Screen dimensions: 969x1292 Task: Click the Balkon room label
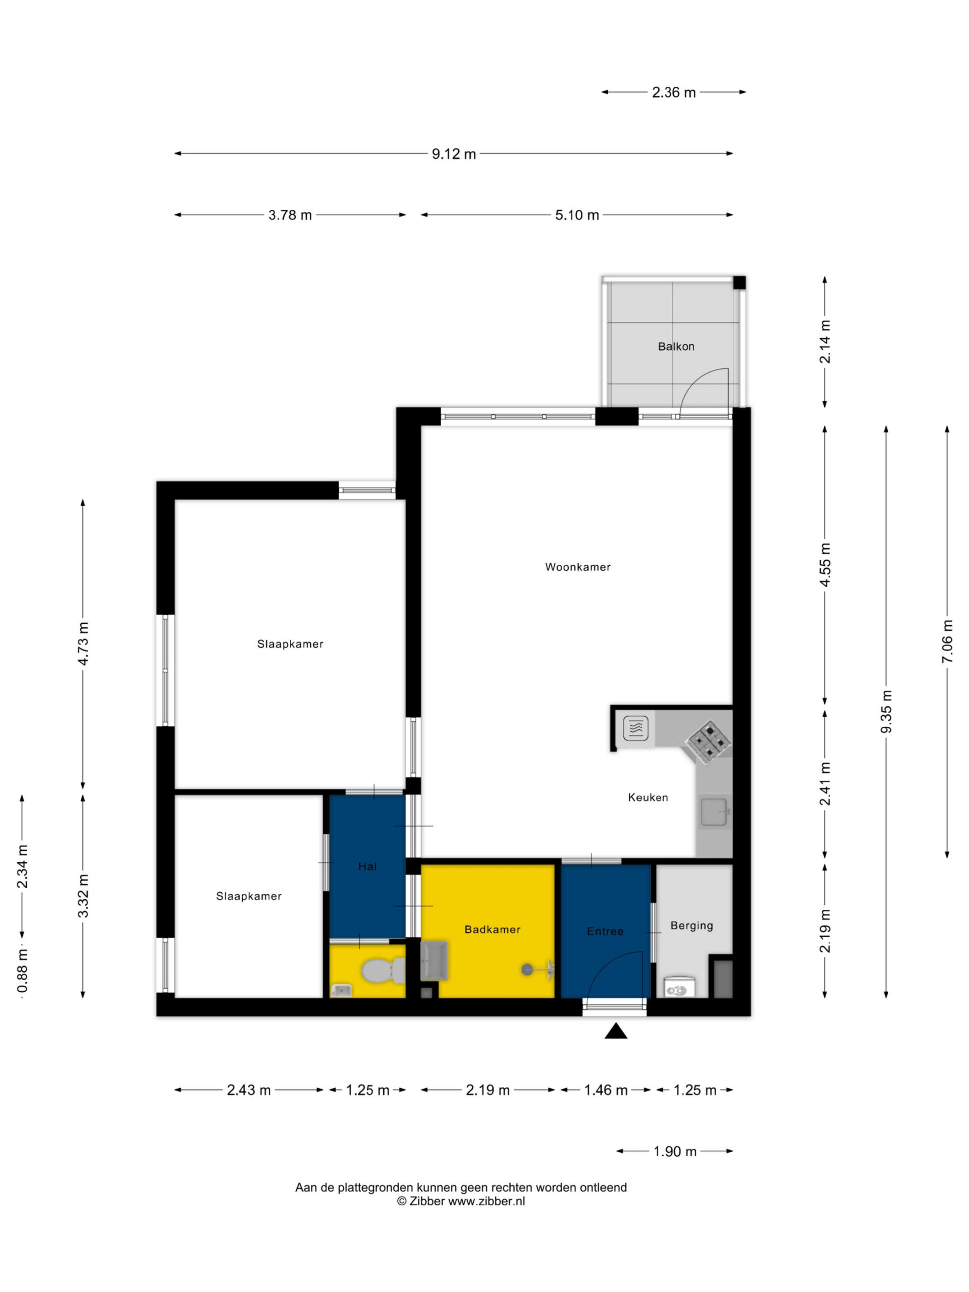[676, 346]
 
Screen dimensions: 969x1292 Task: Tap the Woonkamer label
[578, 567]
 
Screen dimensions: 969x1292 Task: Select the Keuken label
[648, 797]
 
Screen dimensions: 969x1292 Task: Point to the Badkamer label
[493, 929]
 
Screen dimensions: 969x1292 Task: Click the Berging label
[691, 926]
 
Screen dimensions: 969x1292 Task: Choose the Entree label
[605, 931]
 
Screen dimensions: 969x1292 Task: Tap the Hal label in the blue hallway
[367, 867]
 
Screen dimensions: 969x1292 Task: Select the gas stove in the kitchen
[709, 742]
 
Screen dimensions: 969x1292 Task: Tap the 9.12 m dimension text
[454, 154]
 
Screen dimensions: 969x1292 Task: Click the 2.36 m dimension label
[674, 92]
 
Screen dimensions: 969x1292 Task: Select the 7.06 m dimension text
[947, 641]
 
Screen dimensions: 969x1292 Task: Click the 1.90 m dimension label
[675, 1151]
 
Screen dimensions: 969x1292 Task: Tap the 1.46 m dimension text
[606, 1090]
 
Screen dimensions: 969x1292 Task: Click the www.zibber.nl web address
[487, 1202]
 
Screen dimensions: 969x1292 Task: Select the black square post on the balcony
[739, 283]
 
